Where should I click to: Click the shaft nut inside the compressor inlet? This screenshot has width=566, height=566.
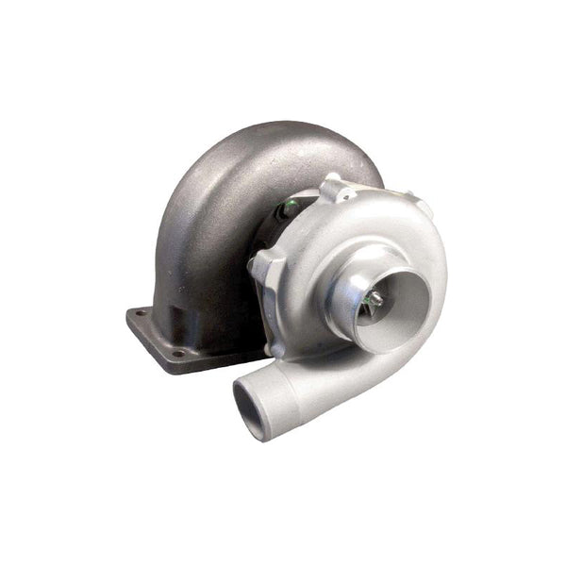(x=375, y=298)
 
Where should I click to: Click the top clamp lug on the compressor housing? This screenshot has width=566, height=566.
(x=336, y=188)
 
